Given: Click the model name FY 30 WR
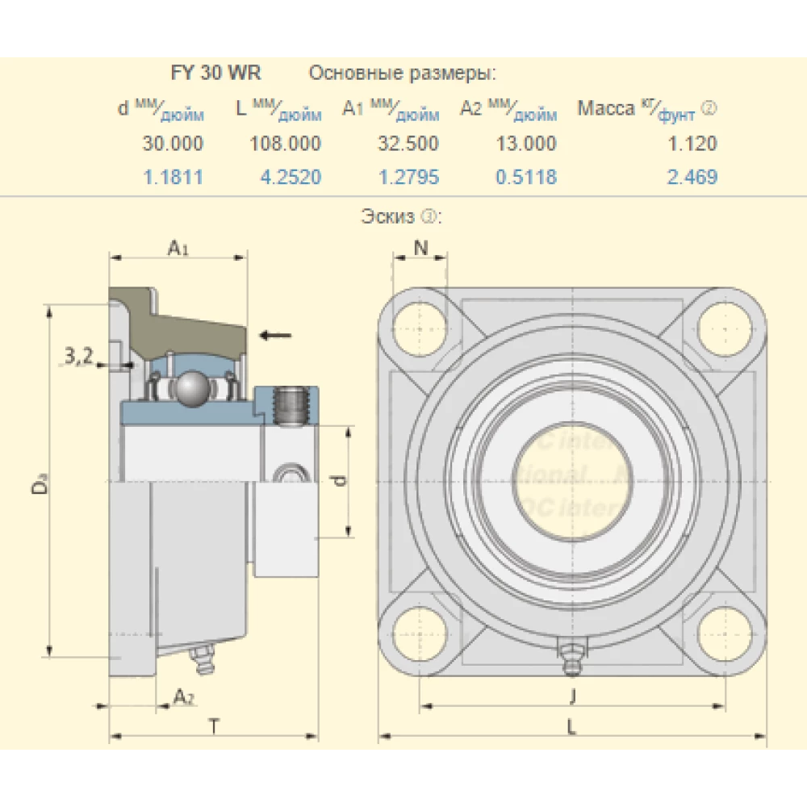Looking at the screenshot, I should (x=215, y=73).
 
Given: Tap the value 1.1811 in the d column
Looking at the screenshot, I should (x=173, y=177).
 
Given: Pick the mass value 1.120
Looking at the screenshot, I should (x=692, y=144).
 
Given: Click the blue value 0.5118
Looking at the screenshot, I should (x=525, y=177).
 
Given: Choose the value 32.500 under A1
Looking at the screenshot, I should (x=408, y=144).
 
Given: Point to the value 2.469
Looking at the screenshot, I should (x=692, y=177).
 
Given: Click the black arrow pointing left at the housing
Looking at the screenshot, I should (x=275, y=334).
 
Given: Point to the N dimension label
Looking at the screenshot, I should (x=420, y=248).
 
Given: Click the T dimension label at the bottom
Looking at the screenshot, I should (x=213, y=725).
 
